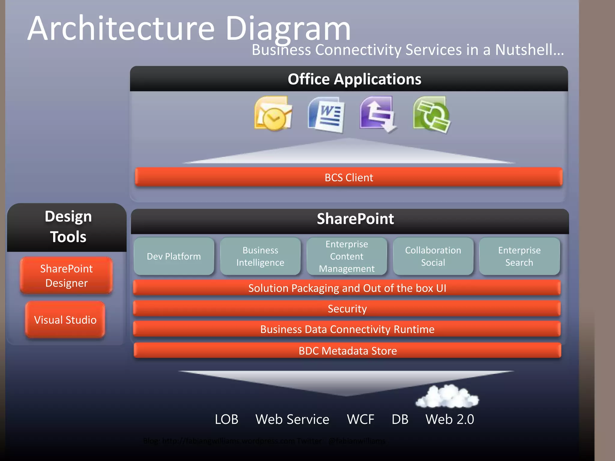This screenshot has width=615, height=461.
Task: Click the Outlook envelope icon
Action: tap(273, 114)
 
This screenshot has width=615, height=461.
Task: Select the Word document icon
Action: tap(326, 114)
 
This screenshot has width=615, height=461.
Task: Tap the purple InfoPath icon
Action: tap(378, 114)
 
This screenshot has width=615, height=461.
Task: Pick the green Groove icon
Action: tap(432, 114)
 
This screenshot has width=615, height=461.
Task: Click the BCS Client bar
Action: tap(349, 177)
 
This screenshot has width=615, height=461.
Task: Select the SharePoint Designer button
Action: tap(66, 276)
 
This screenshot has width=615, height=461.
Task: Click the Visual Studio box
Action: tap(65, 320)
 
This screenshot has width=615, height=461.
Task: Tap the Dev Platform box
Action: tap(174, 256)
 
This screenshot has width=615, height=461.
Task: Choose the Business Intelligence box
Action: tap(260, 256)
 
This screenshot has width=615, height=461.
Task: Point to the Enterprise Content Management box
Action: tap(347, 256)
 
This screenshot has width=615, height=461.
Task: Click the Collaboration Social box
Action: tap(433, 256)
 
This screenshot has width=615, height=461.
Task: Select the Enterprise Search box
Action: tap(519, 256)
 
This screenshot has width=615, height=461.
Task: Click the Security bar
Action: tap(347, 309)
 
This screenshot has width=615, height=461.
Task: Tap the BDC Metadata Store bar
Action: tap(347, 351)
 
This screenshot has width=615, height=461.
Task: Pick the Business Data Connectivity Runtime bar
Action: tap(347, 329)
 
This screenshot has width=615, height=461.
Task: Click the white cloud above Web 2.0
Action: tap(447, 397)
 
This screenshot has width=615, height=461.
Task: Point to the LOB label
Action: tap(226, 419)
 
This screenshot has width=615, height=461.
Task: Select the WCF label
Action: tap(360, 419)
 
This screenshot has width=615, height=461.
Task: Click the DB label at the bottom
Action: tap(400, 419)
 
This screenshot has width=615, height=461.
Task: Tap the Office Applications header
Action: tap(354, 79)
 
